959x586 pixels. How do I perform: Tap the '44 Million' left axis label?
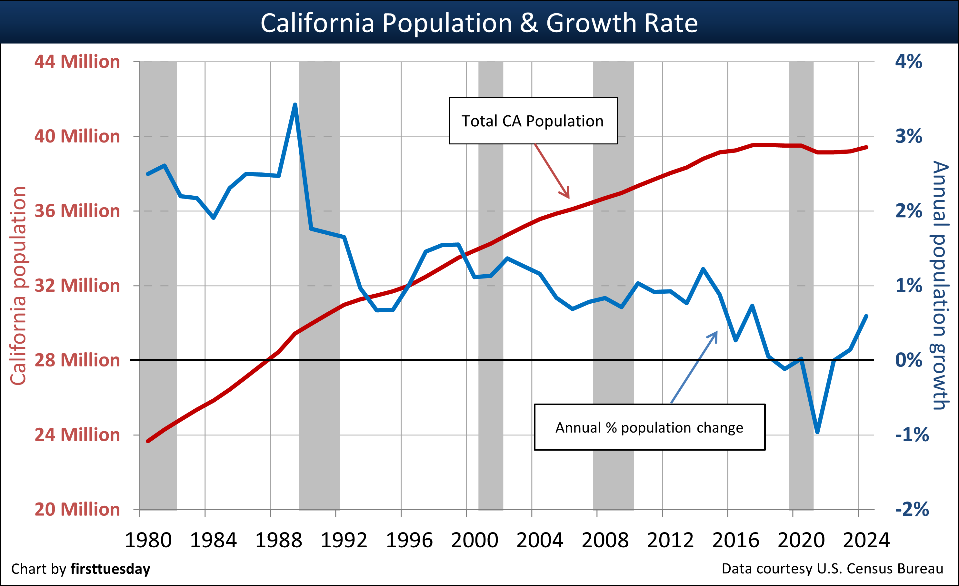click(x=77, y=62)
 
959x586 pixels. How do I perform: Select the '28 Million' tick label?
click(x=77, y=360)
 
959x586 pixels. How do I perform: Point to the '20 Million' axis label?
click(x=77, y=509)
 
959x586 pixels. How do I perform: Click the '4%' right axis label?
click(x=908, y=62)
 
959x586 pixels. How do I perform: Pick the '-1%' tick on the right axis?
click(x=912, y=435)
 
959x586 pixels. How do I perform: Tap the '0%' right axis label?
click(x=908, y=360)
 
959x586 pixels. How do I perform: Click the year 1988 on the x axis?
click(x=279, y=541)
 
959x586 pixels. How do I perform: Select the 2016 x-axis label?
click(x=735, y=541)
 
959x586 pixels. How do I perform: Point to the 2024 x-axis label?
click(x=866, y=541)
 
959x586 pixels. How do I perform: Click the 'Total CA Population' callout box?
click(x=533, y=121)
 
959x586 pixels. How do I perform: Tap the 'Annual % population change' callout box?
click(x=649, y=427)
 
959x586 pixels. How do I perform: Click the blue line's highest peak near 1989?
click(x=295, y=105)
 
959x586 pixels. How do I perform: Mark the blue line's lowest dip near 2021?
click(x=817, y=432)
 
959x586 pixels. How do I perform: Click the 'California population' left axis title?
click(x=18, y=286)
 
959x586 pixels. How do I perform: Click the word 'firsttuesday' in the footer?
click(x=110, y=569)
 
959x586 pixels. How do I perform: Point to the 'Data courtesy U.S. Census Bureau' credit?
click(x=832, y=569)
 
